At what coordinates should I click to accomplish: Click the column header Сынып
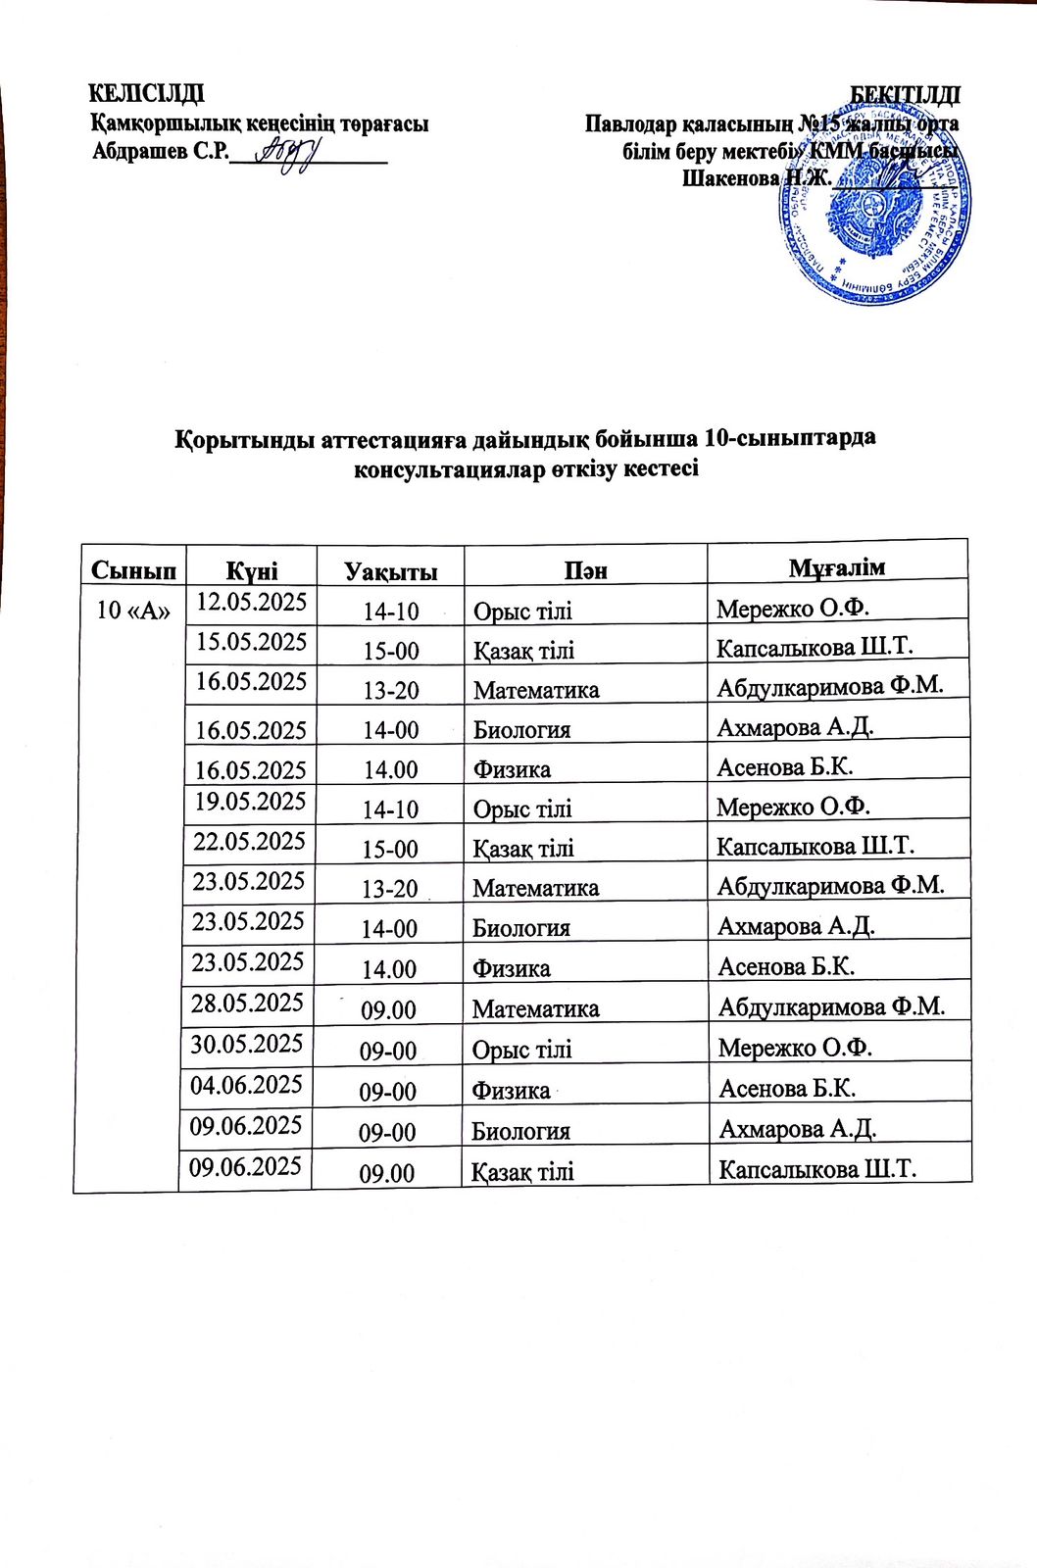pos(134,570)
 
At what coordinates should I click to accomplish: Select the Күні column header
pos(252,570)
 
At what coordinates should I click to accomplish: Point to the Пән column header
pos(586,569)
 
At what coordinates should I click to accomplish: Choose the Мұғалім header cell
pos(837,566)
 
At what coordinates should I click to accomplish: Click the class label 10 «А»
pos(134,610)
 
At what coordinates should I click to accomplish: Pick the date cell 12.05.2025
pos(252,601)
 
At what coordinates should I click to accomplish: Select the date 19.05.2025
pos(251,801)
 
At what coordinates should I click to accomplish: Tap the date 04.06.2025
pos(247,1084)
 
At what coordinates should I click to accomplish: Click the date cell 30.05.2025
pos(247,1043)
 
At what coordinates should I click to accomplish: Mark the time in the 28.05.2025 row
pos(389,1009)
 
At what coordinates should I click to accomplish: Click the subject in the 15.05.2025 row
pos(524,651)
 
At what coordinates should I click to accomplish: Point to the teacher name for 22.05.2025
pos(815,846)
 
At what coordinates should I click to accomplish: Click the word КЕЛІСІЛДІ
pos(147,94)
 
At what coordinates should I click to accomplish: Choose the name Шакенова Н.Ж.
pos(756,178)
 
